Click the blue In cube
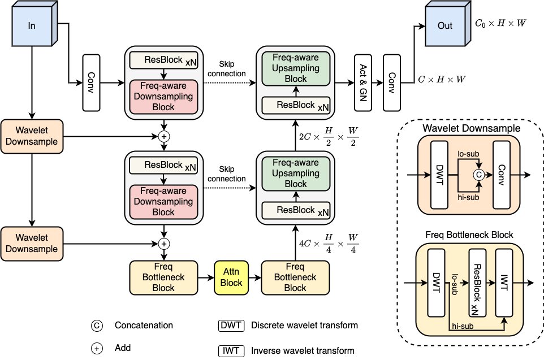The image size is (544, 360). tap(32, 26)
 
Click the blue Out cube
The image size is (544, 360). tap(444, 27)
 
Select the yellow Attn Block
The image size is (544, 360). tap(231, 277)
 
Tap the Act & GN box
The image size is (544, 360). tap(362, 83)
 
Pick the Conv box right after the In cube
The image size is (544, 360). tap(91, 83)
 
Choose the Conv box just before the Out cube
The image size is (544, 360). tap(391, 83)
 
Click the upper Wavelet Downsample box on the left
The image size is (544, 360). tap(32, 136)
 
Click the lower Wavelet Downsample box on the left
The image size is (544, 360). tap(32, 243)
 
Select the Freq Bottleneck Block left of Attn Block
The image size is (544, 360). tap(163, 277)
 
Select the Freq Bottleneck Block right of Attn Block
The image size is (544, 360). tap(295, 277)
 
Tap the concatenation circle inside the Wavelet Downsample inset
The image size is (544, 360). tap(478, 176)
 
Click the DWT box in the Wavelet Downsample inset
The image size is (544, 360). tap(439, 175)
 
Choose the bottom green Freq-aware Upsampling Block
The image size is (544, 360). tap(296, 173)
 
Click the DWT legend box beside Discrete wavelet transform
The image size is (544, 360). tap(231, 325)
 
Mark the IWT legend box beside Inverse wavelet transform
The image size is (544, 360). tap(231, 350)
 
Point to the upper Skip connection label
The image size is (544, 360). tap(227, 70)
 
